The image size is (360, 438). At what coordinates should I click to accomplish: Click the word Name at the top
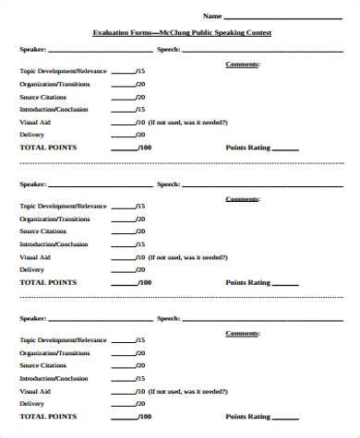click(x=212, y=16)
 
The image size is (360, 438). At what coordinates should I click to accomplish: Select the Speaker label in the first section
click(x=31, y=51)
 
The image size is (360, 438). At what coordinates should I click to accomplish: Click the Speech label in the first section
click(x=168, y=51)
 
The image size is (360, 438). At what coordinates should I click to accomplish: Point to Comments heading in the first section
click(x=242, y=65)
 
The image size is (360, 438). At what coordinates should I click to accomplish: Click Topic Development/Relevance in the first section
click(x=63, y=70)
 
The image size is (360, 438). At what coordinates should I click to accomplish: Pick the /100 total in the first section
click(x=143, y=148)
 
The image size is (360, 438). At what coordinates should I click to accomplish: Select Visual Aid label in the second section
click(x=35, y=256)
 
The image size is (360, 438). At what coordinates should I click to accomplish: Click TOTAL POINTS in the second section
click(x=48, y=282)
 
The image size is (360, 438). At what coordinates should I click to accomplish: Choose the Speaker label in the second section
click(x=31, y=184)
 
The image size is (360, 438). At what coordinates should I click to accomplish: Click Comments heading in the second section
click(x=242, y=198)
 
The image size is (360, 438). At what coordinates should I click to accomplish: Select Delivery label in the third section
click(x=31, y=403)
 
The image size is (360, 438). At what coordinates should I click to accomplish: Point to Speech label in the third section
click(x=168, y=318)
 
